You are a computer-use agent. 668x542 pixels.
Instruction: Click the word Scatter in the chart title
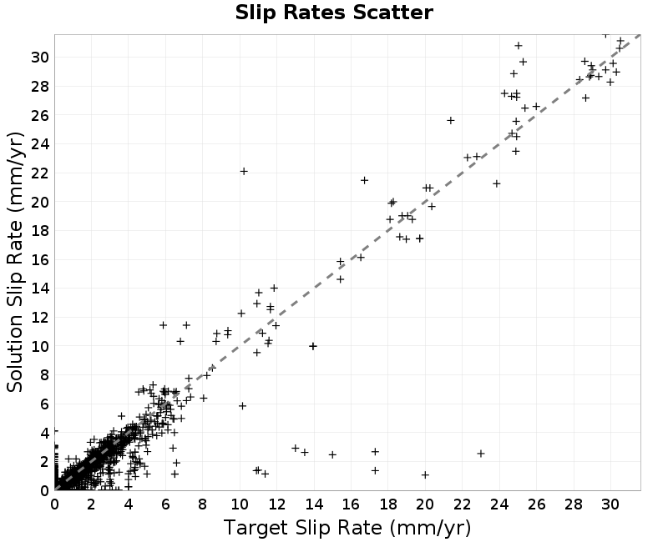point(392,13)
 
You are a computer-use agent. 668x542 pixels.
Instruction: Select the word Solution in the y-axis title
point(14,353)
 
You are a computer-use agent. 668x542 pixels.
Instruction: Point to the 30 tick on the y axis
point(39,57)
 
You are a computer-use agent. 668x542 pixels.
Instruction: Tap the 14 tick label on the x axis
point(314,504)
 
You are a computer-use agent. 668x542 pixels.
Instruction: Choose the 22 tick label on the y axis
point(39,173)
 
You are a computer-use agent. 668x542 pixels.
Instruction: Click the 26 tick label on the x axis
point(536,504)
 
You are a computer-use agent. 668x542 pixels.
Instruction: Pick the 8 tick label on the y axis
point(44,375)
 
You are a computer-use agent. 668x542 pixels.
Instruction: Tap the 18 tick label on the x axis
point(387,504)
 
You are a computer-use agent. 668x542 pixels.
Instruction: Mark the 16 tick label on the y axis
point(39,259)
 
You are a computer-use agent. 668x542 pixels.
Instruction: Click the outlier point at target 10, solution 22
point(244,171)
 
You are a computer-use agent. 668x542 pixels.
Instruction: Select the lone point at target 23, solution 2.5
point(481,454)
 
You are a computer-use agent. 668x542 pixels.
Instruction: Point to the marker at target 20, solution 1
point(425,474)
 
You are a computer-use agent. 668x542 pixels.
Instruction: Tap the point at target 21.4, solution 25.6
point(451,120)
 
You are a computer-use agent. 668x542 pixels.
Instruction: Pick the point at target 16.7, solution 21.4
point(364,180)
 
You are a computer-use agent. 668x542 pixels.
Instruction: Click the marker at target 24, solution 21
point(496,183)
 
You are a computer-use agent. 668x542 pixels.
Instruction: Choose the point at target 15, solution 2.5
point(332,454)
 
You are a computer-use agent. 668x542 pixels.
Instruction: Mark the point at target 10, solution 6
point(242,406)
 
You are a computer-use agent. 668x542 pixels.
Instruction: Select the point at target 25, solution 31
point(519,46)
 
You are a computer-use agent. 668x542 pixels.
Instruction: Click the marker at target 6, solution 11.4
point(163,325)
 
